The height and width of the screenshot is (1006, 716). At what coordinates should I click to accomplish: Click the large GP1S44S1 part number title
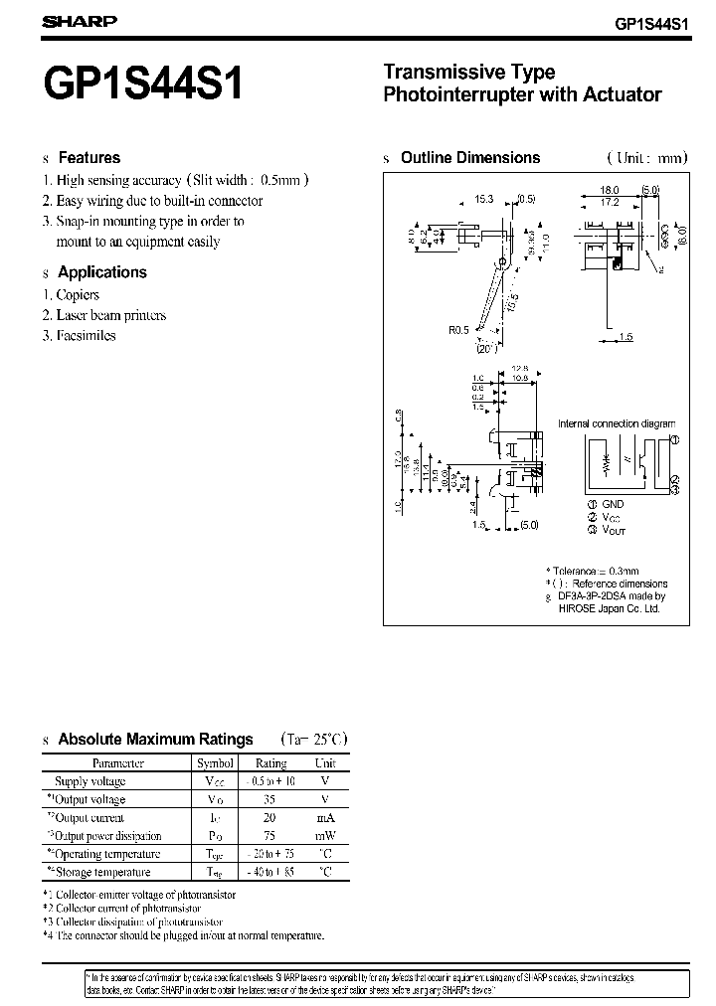point(144,84)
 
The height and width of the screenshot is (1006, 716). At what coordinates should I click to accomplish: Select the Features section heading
point(89,158)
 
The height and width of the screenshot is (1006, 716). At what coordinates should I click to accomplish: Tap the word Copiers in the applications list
point(78,295)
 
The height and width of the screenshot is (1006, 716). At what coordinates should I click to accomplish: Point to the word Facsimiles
point(87,336)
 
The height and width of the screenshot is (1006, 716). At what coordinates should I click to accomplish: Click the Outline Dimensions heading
point(469,158)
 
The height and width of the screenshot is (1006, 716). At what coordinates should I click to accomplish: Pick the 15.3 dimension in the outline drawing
point(484,199)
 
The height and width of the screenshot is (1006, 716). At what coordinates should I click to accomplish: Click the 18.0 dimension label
point(610,189)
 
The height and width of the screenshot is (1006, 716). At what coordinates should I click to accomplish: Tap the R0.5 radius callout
point(458,331)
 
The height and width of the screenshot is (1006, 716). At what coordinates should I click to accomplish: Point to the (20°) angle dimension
point(485,348)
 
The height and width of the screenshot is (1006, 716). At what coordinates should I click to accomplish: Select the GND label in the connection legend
point(613,504)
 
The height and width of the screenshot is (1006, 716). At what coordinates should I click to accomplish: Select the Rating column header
point(270,763)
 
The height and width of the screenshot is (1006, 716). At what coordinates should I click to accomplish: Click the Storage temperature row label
point(103,873)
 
